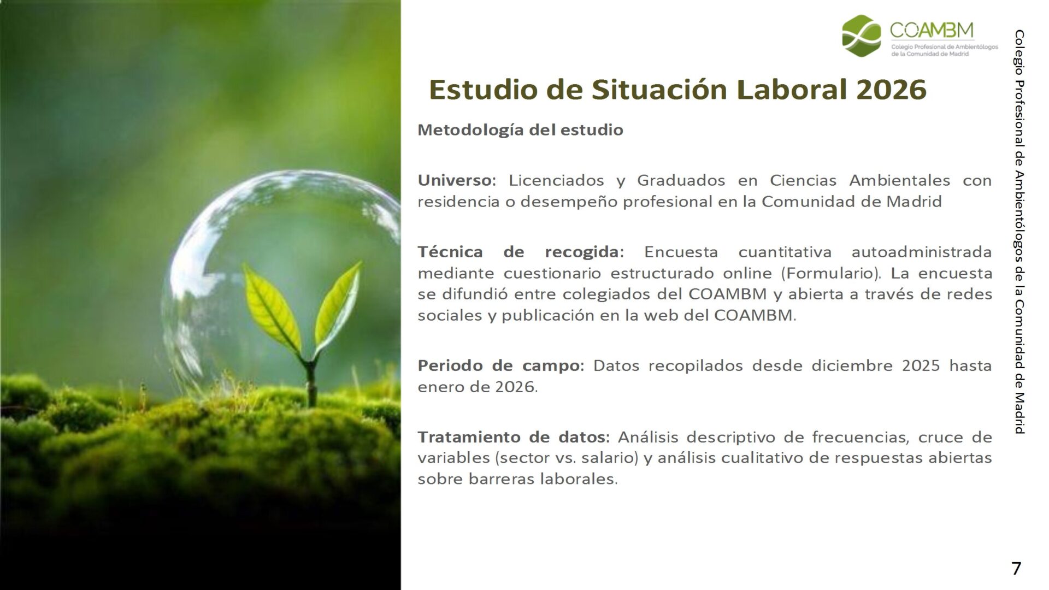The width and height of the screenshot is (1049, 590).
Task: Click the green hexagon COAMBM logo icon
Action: [x=862, y=36]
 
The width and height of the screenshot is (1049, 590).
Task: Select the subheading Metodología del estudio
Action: [x=520, y=130]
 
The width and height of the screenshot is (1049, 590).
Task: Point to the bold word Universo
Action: [x=456, y=180]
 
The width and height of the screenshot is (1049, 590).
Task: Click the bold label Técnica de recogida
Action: [x=521, y=252]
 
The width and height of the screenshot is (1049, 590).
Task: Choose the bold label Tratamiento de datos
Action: [x=514, y=437]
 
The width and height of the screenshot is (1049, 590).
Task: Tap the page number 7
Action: [x=1016, y=569]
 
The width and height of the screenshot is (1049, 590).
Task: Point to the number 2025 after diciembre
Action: [x=921, y=365]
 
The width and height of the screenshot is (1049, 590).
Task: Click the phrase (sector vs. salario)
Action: [x=566, y=458]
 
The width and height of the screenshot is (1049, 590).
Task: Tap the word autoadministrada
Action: [x=922, y=252]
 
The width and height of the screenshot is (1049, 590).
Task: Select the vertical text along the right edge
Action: [x=1019, y=232]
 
